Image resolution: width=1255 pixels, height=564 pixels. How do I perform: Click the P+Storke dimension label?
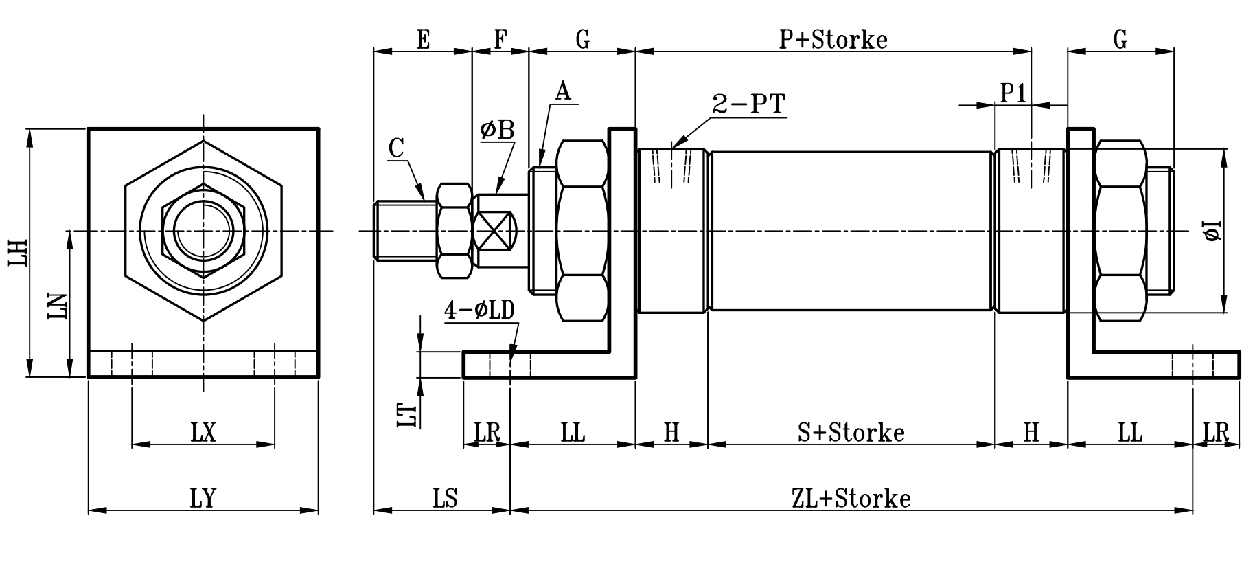click(833, 39)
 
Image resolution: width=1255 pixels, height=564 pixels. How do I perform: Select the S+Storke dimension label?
click(851, 432)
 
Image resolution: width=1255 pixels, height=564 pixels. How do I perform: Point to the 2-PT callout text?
click(748, 104)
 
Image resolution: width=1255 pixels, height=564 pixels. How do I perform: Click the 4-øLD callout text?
click(479, 311)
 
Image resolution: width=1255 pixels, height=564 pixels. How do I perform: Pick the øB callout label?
click(497, 130)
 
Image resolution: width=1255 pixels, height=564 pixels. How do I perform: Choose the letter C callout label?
click(395, 148)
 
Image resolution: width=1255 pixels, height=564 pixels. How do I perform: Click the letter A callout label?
click(563, 91)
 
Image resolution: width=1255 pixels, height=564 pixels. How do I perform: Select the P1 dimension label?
click(1013, 93)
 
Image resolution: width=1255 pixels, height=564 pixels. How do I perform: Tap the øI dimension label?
click(1213, 231)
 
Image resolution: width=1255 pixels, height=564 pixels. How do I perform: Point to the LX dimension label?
click(203, 432)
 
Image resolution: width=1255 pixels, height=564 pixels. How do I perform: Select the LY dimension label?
click(203, 497)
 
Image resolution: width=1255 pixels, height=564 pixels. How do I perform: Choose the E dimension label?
click(423, 39)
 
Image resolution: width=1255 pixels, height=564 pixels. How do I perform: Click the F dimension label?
click(500, 39)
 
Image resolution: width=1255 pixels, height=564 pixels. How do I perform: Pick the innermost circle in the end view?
click(203, 231)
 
